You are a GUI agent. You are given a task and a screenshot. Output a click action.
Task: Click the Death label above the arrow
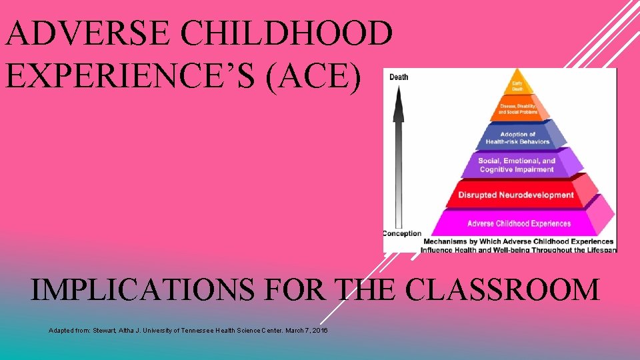click(x=398, y=77)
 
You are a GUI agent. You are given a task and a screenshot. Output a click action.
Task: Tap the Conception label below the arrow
click(x=402, y=233)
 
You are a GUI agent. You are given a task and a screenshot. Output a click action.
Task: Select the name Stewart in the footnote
click(x=103, y=331)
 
